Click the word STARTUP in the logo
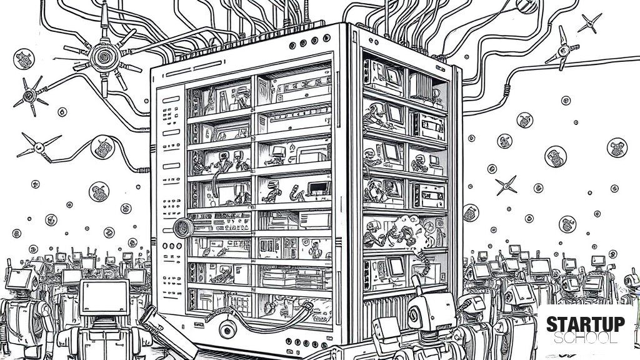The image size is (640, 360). point(586,324)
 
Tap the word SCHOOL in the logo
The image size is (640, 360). point(586,338)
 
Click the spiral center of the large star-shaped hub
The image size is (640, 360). point(105,57)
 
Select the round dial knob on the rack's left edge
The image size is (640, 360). point(183,227)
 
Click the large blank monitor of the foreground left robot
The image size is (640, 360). point(104,297)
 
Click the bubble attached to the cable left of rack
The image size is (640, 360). point(102,147)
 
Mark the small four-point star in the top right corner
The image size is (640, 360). point(590,23)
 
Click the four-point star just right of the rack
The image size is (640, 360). point(506,186)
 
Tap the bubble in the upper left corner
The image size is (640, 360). point(24,59)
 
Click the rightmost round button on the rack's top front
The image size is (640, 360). point(326,38)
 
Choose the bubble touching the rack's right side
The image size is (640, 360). point(470,212)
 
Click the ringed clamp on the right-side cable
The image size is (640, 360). point(507,90)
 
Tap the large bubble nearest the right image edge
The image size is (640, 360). point(617,147)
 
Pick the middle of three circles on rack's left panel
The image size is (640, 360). point(172,246)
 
